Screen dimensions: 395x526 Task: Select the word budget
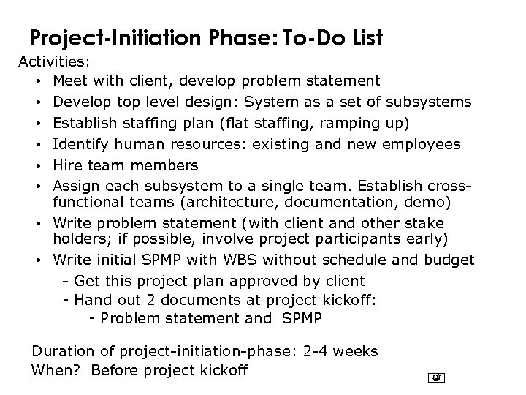[x=452, y=259]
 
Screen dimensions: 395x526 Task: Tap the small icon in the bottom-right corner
[x=436, y=377]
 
